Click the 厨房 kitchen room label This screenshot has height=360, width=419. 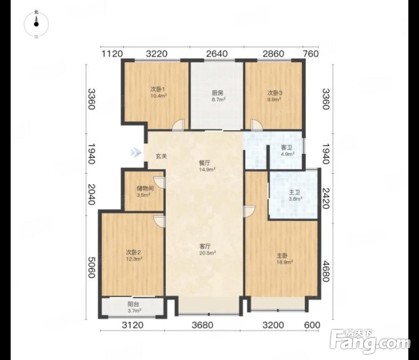click(x=217, y=93)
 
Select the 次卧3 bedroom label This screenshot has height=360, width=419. click(x=275, y=93)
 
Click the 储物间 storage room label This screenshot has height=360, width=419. click(x=144, y=189)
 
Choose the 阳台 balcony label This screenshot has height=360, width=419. click(x=133, y=304)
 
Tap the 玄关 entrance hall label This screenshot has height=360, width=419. click(x=162, y=156)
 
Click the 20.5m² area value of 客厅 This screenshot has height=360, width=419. click(x=207, y=252)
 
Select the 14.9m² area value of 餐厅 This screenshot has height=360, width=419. click(x=207, y=169)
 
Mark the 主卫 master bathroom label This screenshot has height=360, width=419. click(x=294, y=192)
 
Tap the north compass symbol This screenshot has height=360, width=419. click(x=36, y=24)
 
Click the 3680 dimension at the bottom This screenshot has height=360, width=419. click(x=203, y=325)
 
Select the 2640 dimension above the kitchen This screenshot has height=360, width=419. click(x=217, y=54)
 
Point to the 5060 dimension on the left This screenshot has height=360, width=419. click(x=92, y=268)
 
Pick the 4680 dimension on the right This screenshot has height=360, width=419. click(x=325, y=271)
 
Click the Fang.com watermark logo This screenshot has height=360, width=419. click(x=370, y=341)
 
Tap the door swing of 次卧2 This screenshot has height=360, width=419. click(x=159, y=221)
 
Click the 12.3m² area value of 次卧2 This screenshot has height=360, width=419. click(x=134, y=259)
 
